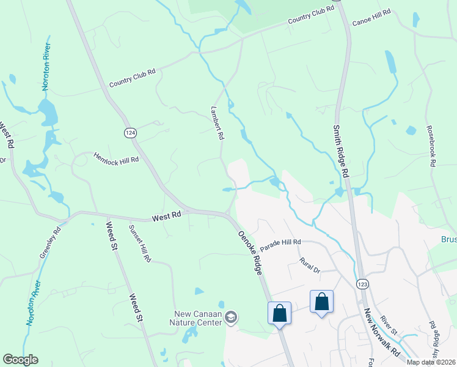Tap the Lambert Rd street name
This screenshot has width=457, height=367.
tap(217, 123)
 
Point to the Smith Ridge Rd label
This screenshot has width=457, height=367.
tap(340, 151)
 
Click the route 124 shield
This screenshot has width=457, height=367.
tap(130, 133)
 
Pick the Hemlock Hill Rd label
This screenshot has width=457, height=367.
tap(116, 158)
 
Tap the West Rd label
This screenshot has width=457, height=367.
tap(167, 216)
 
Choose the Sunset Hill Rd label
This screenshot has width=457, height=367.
tap(139, 243)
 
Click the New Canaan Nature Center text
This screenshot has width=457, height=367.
tap(197, 318)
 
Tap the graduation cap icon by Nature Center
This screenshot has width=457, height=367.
tap(231, 317)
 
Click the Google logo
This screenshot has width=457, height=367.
tap(20, 360)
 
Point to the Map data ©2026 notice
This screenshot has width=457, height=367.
tap(431, 362)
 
